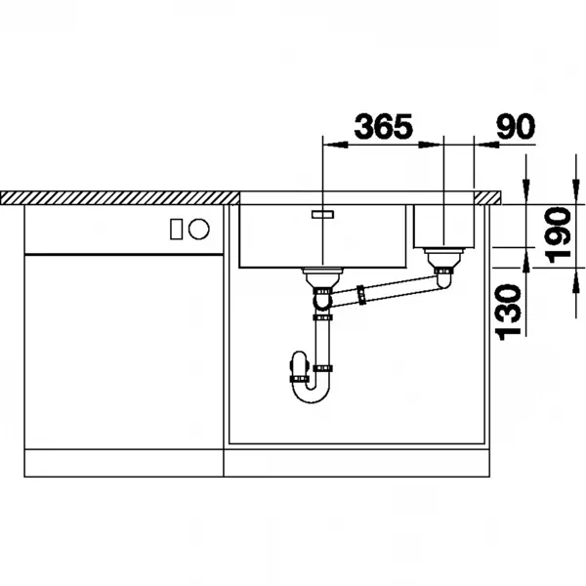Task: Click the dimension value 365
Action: tap(384, 126)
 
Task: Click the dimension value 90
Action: tap(516, 126)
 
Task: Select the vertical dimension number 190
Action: tap(558, 235)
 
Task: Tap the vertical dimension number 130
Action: tap(508, 313)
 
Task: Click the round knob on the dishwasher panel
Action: tap(199, 229)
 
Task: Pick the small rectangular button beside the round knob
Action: tap(177, 229)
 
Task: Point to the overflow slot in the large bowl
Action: tap(323, 214)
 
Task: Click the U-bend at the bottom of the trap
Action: tap(311, 394)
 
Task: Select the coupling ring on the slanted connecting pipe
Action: tap(361, 295)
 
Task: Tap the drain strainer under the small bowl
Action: tap(443, 257)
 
